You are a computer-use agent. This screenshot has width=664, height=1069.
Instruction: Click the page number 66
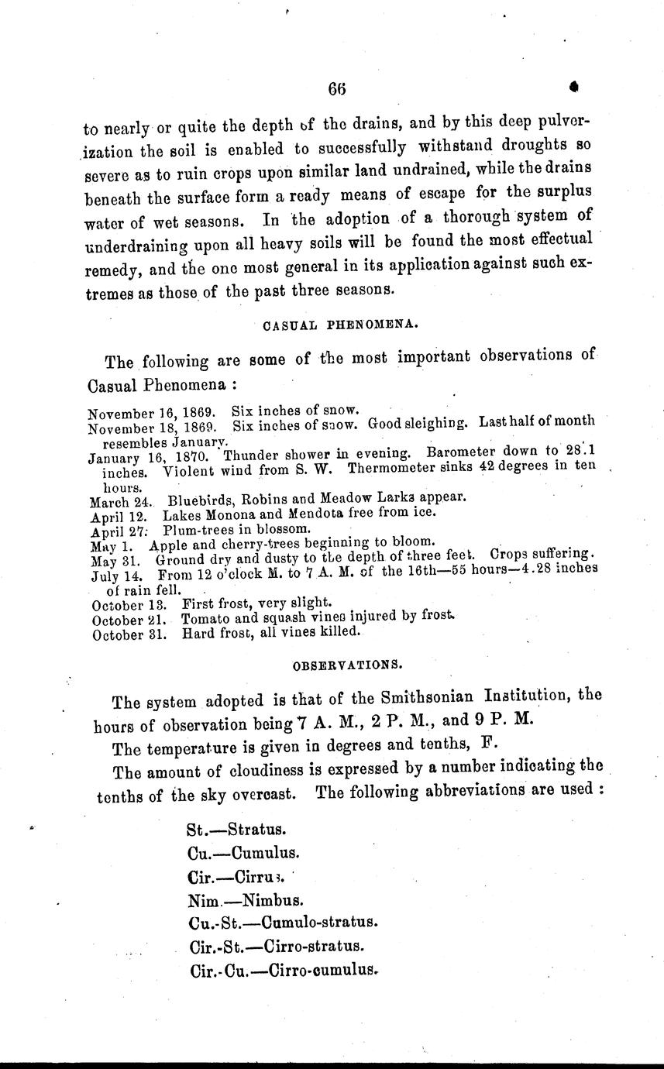(335, 88)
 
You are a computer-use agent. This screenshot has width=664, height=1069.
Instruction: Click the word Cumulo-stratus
(319, 923)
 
